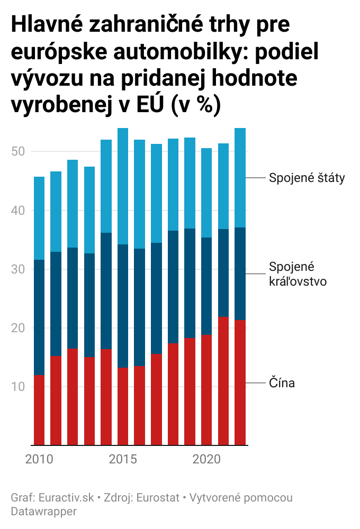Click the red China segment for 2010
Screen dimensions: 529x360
(x=39, y=411)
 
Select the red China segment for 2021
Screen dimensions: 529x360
(x=223, y=381)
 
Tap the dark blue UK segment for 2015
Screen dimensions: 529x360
(x=123, y=306)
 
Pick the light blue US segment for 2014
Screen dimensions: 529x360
(x=106, y=186)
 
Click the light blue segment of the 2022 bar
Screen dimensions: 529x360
(x=240, y=178)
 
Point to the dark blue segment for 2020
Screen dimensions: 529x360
(x=206, y=286)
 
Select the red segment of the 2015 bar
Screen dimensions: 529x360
(x=123, y=406)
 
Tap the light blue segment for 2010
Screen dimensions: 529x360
(x=39, y=218)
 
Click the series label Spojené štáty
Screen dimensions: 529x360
(x=307, y=178)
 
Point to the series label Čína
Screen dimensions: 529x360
(x=282, y=383)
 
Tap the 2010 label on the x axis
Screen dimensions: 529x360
(x=39, y=459)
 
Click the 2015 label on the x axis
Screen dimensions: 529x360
(x=123, y=459)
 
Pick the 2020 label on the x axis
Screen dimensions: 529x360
(x=206, y=459)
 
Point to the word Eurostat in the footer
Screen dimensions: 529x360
(x=157, y=498)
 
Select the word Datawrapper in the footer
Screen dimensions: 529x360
(x=43, y=512)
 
